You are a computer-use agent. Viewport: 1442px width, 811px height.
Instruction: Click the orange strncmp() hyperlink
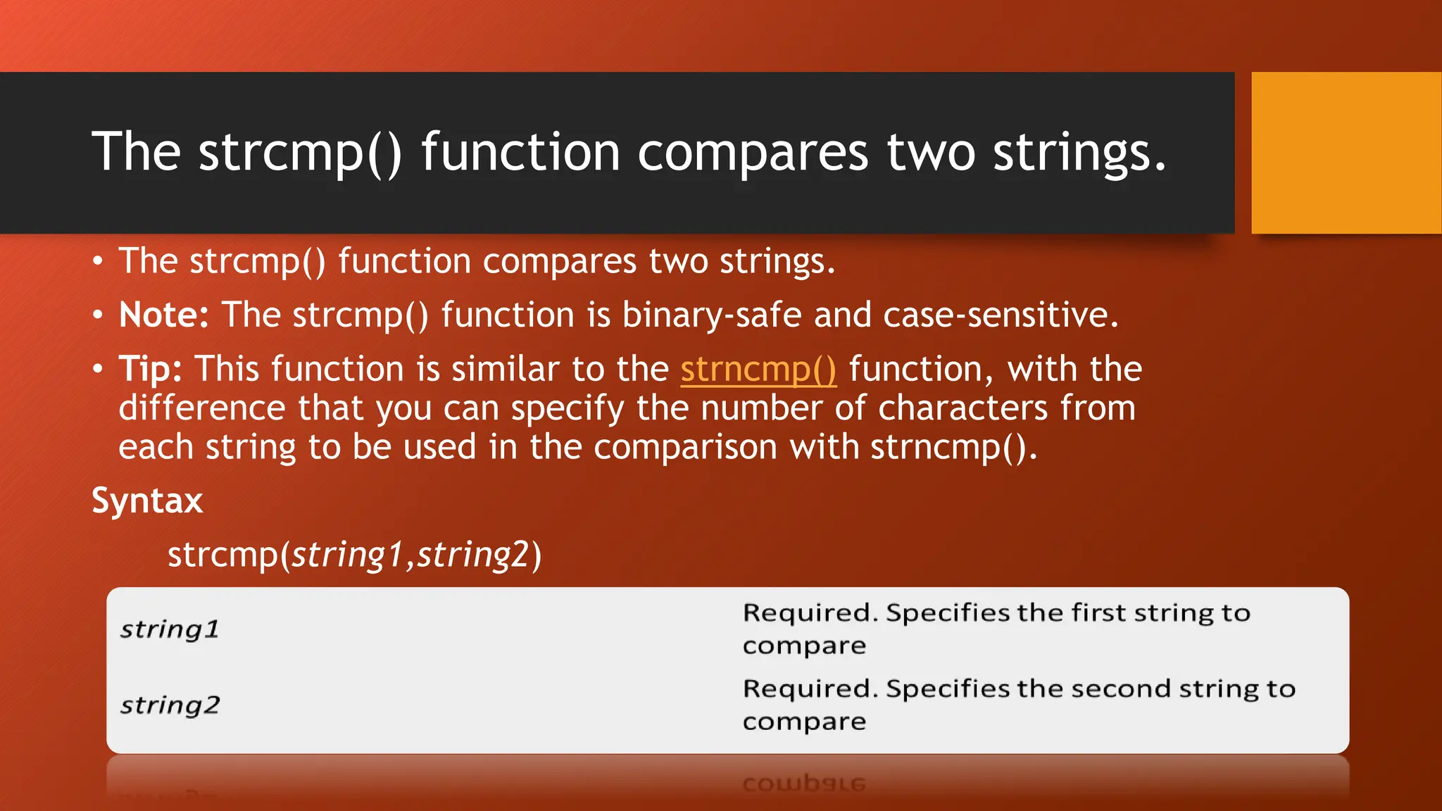(758, 370)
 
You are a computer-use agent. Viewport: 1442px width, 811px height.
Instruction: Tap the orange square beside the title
(1346, 153)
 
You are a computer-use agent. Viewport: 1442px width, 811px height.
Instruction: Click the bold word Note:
(163, 315)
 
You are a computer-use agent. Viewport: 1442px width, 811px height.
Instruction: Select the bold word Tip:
(150, 369)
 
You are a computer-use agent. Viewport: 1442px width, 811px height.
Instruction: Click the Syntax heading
(147, 501)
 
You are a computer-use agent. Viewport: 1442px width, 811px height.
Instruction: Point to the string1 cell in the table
(170, 629)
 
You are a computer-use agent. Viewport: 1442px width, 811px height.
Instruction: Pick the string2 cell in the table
(170, 705)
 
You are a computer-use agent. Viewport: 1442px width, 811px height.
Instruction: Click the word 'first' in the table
(1098, 613)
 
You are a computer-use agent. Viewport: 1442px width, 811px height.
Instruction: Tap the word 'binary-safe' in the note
(712, 315)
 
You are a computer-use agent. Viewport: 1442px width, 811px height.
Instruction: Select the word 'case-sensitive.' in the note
(1001, 315)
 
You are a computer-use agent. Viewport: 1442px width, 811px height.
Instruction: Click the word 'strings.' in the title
(1079, 152)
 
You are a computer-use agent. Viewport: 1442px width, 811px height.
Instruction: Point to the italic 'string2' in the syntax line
(472, 555)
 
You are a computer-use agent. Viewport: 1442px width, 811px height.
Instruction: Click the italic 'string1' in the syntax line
(348, 555)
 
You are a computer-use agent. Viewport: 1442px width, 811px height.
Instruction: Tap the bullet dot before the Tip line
(98, 369)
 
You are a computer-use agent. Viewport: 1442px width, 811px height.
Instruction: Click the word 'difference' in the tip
(202, 408)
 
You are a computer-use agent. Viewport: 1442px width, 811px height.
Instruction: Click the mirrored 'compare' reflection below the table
(803, 784)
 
